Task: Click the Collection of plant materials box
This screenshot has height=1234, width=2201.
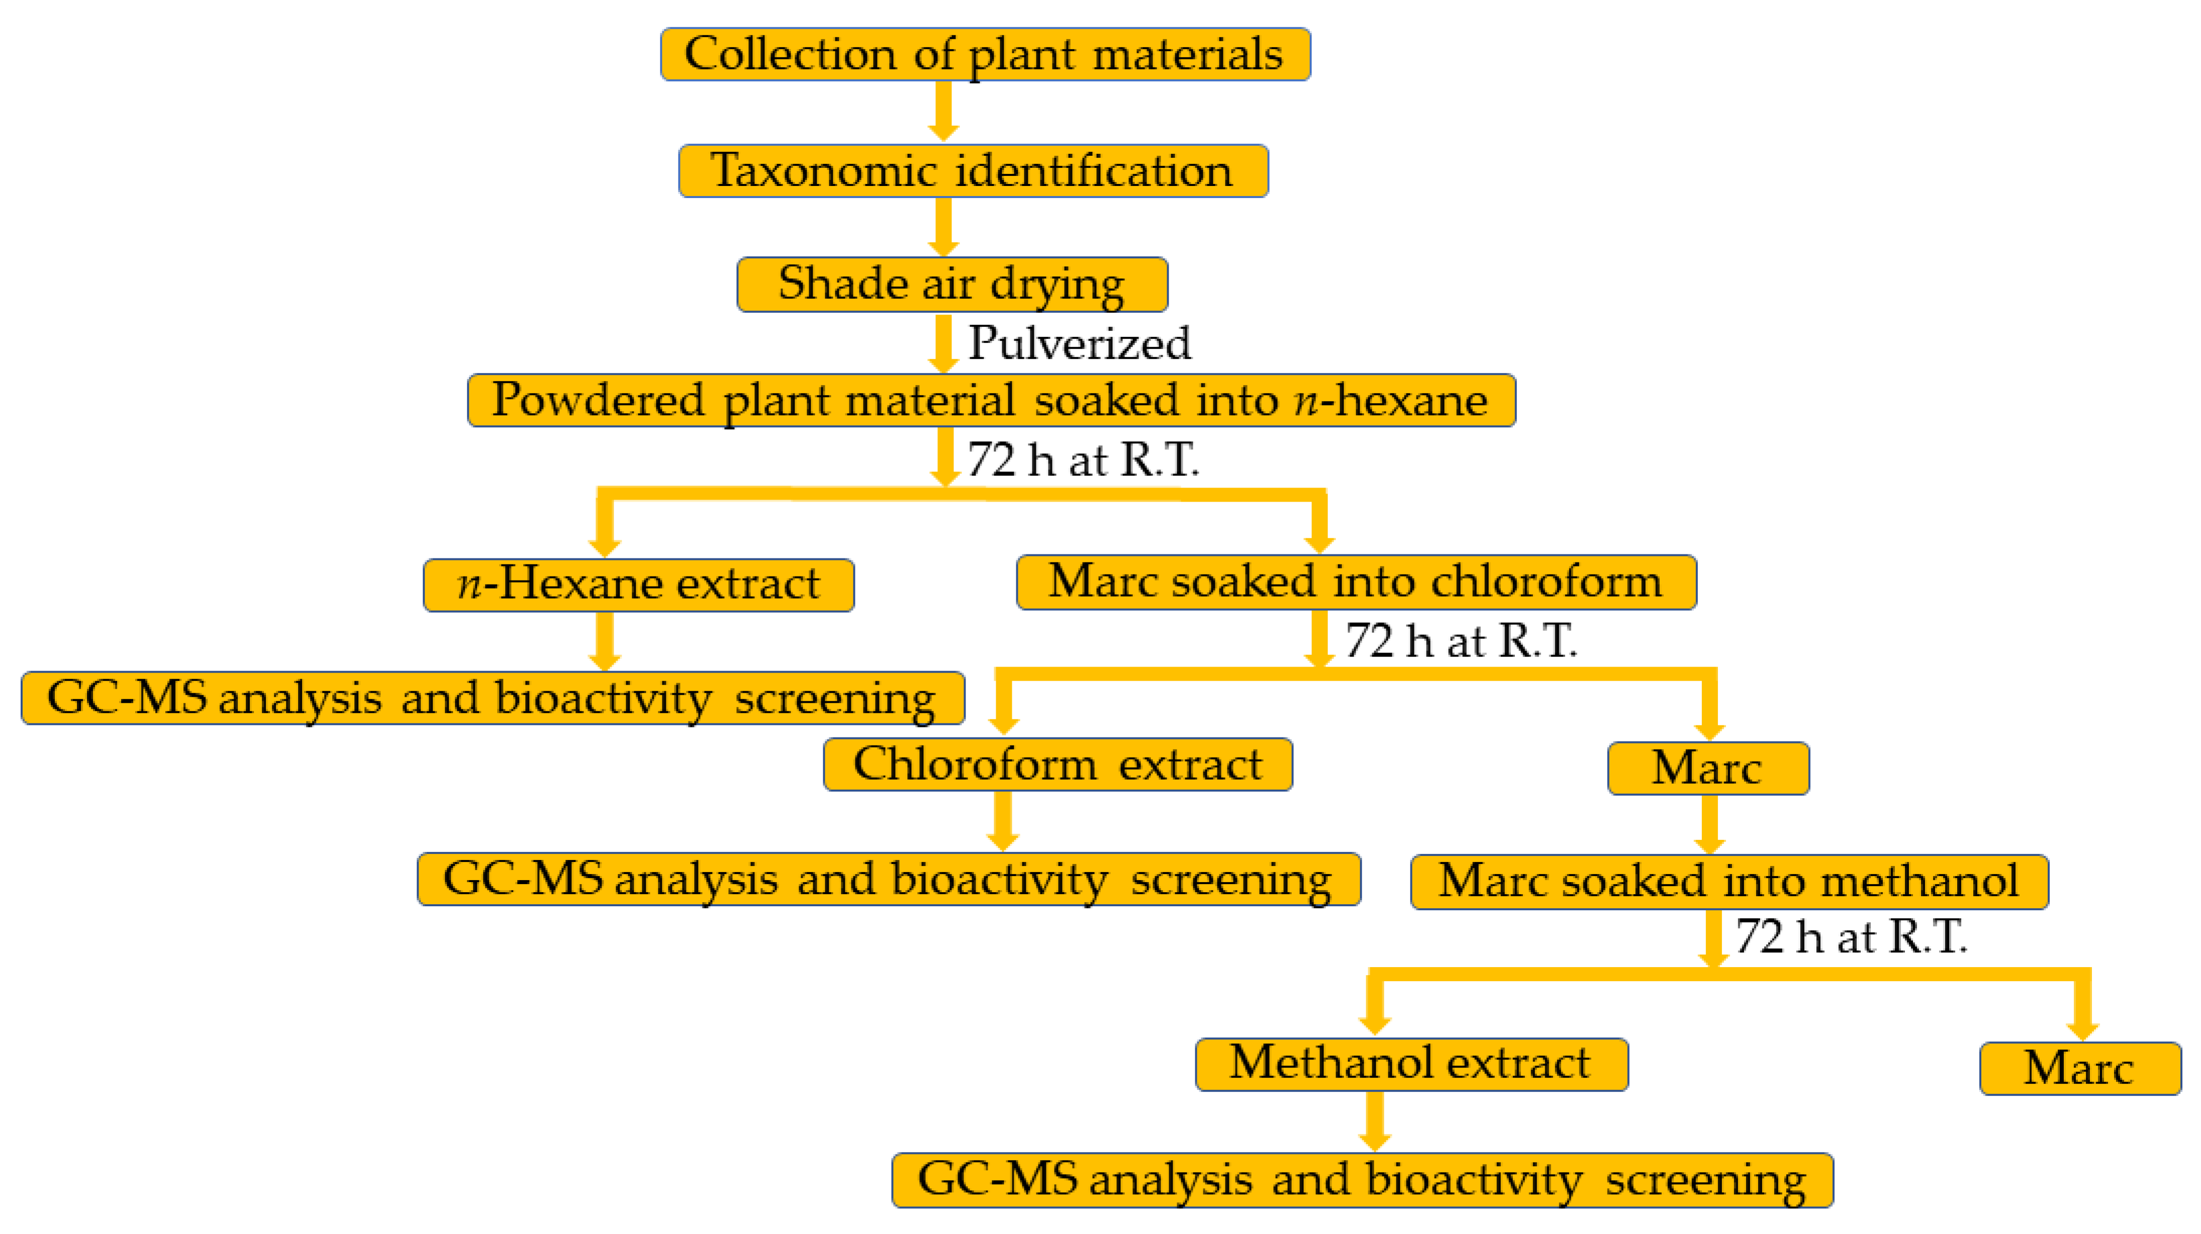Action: pos(985,55)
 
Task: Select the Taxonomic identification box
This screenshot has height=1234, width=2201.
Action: pos(973,171)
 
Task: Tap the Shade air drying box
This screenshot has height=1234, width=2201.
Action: pos(952,284)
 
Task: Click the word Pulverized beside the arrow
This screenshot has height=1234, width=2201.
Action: pos(1079,343)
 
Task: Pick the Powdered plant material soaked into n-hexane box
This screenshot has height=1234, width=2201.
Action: pos(991,400)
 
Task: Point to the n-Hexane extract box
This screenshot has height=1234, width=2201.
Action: pos(638,586)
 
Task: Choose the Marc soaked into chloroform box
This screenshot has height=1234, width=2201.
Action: pos(1356,583)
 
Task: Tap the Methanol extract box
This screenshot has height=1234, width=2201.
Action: pos(1411,1065)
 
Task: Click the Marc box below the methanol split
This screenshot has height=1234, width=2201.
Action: pos(2080,1068)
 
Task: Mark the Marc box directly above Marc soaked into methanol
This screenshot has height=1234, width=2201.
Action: pos(1708,768)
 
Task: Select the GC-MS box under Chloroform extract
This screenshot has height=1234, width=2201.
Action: pos(889,879)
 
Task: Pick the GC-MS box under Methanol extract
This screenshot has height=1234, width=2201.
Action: pos(1362,1180)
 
